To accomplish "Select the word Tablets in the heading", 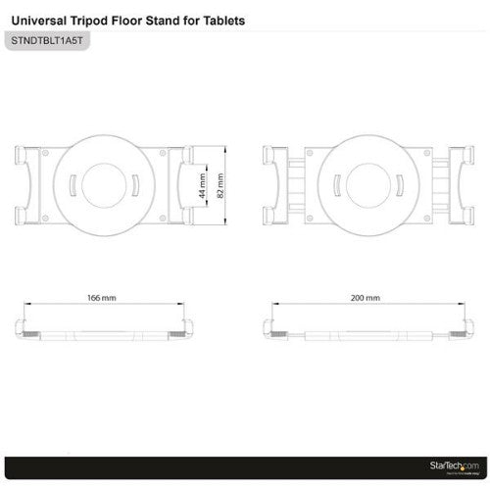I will coord(217,20).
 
